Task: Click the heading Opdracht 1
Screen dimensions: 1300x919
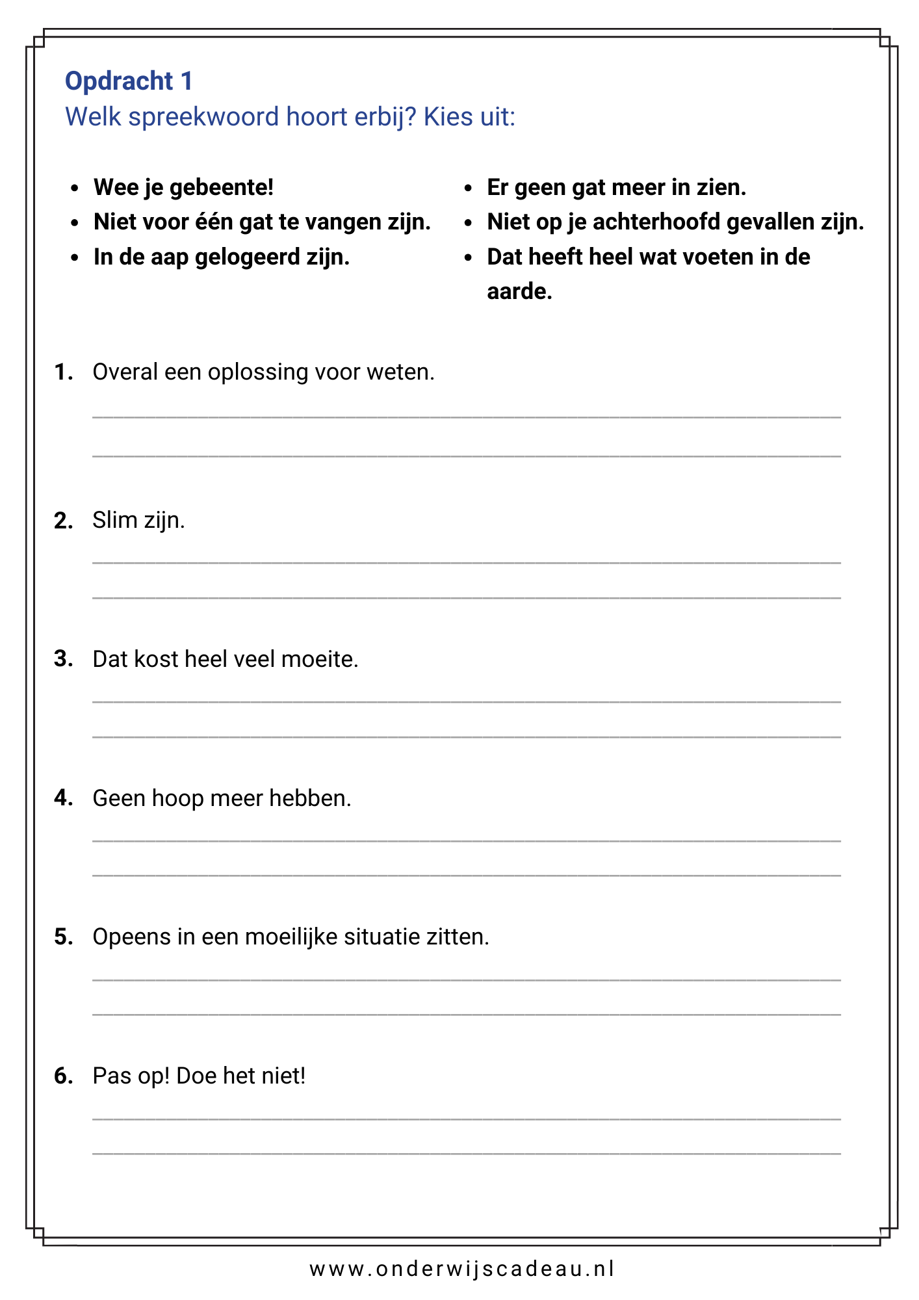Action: coord(129,81)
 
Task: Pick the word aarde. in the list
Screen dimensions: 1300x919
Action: coord(519,292)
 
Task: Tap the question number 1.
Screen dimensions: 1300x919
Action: coord(62,372)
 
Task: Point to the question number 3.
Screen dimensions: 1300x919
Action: coord(63,659)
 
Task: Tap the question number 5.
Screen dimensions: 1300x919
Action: coord(63,937)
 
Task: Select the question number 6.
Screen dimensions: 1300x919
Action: coord(63,1076)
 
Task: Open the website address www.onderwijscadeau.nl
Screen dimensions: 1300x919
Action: coord(461,1269)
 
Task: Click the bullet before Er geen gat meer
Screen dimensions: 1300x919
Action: coord(468,188)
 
